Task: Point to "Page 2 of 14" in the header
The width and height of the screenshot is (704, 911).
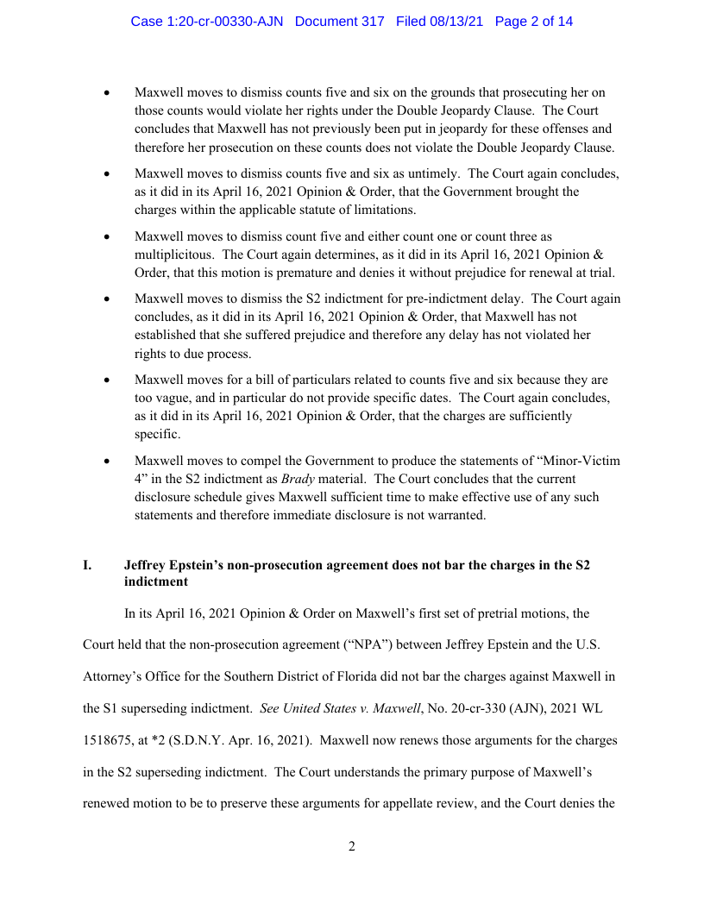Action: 534,21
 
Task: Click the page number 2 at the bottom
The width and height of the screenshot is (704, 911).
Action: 352,846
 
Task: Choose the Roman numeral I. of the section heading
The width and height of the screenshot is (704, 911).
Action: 87,565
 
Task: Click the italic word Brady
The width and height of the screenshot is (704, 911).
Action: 299,478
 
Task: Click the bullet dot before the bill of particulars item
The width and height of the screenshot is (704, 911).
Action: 108,380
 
